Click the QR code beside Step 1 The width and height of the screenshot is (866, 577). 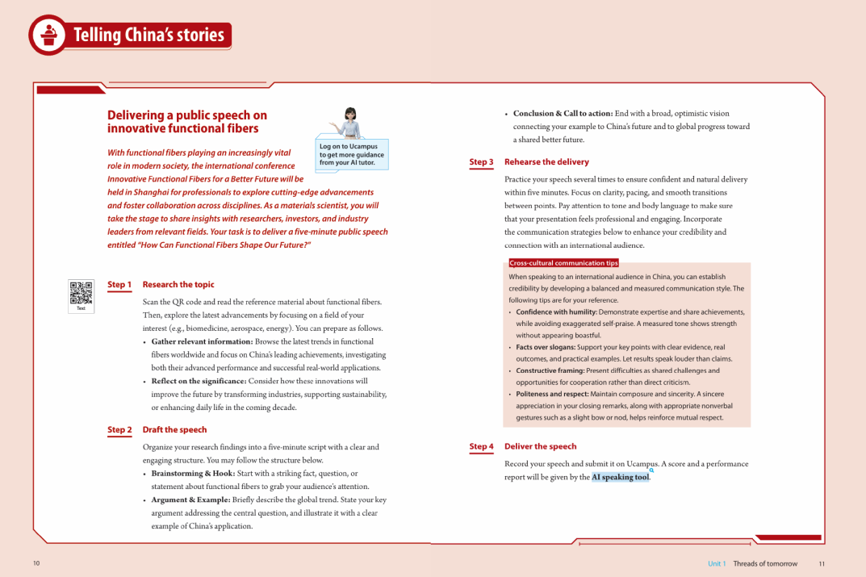point(81,293)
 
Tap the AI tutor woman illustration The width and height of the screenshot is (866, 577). point(349,123)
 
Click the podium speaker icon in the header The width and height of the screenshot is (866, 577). point(49,35)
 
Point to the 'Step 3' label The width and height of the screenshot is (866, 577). point(481,162)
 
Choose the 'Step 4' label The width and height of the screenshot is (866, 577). point(481,446)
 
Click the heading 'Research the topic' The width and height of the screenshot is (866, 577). point(178,285)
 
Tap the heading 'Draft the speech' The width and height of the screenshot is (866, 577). point(174,430)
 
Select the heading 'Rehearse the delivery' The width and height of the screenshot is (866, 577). point(546,162)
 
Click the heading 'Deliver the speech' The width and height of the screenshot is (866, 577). point(540,446)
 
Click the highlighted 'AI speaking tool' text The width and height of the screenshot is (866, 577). point(620,477)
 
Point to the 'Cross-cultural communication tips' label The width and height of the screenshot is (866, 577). point(563,263)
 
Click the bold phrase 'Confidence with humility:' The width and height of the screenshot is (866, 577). point(556,312)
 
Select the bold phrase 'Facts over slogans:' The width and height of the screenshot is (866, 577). point(546,347)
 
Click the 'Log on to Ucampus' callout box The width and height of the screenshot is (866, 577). point(352,155)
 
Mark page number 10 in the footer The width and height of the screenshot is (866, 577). point(36,563)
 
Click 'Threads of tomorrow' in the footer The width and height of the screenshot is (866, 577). point(764,563)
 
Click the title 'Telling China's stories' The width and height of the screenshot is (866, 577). point(149,36)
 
